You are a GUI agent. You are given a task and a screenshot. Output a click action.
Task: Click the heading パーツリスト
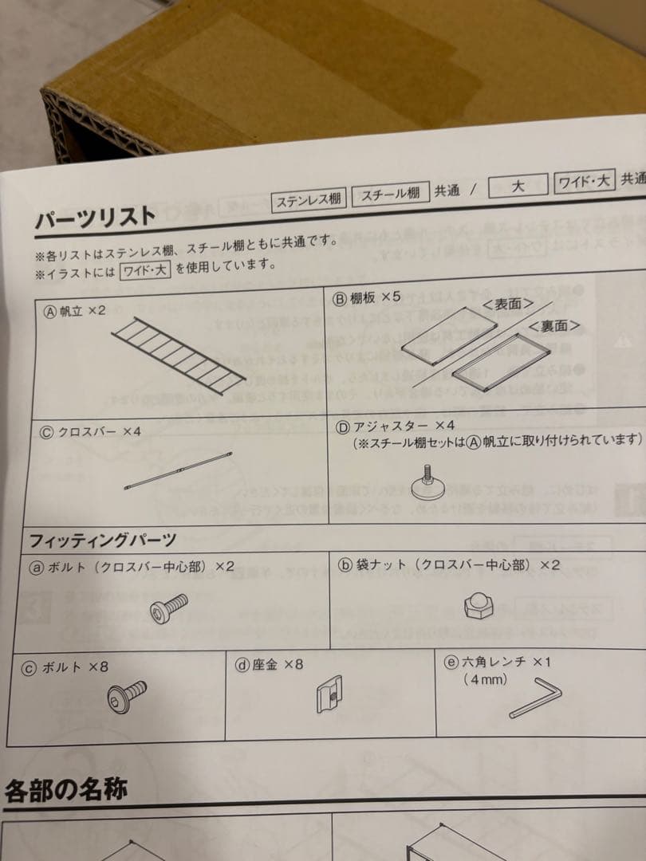coord(95,217)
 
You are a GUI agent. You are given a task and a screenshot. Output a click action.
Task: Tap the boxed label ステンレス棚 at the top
coord(310,199)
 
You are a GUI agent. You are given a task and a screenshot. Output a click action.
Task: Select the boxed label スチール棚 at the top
coord(390,195)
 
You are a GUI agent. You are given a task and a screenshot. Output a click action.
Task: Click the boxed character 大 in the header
coord(517,187)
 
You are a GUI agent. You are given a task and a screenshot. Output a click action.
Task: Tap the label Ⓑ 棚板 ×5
coord(365,297)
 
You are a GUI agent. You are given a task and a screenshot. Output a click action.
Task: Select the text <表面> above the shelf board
coord(507,305)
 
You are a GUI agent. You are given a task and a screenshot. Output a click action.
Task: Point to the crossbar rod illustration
coord(179,474)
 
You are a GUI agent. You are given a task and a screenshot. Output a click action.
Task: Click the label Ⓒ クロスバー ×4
coord(90,431)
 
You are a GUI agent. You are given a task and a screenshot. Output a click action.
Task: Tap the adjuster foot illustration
coord(431,482)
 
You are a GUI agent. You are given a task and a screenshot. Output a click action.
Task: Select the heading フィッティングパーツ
coord(103,541)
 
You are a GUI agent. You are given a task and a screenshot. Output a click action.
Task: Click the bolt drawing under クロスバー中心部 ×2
coord(168,610)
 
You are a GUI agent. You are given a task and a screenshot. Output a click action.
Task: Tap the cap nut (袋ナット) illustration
coord(479,605)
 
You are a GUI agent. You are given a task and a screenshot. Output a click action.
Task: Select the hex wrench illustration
coord(536,698)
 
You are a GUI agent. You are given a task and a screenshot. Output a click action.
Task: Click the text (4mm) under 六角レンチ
coord(485,680)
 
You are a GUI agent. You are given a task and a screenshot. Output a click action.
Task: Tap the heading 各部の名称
coord(65,791)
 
